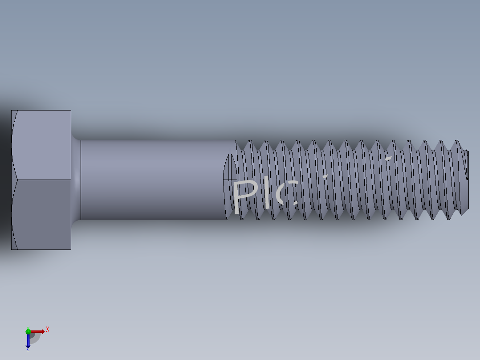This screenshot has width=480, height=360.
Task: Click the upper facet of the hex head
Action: point(41,145)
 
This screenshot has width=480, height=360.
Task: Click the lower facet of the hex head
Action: point(41,214)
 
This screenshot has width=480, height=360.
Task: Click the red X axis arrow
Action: point(38,331)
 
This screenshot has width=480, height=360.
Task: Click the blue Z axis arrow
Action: point(28,341)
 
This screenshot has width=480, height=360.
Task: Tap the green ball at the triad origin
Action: point(28,331)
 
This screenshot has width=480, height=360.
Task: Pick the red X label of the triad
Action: point(47,329)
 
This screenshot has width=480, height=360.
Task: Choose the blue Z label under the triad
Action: point(28,350)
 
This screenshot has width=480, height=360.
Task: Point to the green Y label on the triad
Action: point(28,327)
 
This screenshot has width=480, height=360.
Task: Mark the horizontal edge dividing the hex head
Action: point(41,180)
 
